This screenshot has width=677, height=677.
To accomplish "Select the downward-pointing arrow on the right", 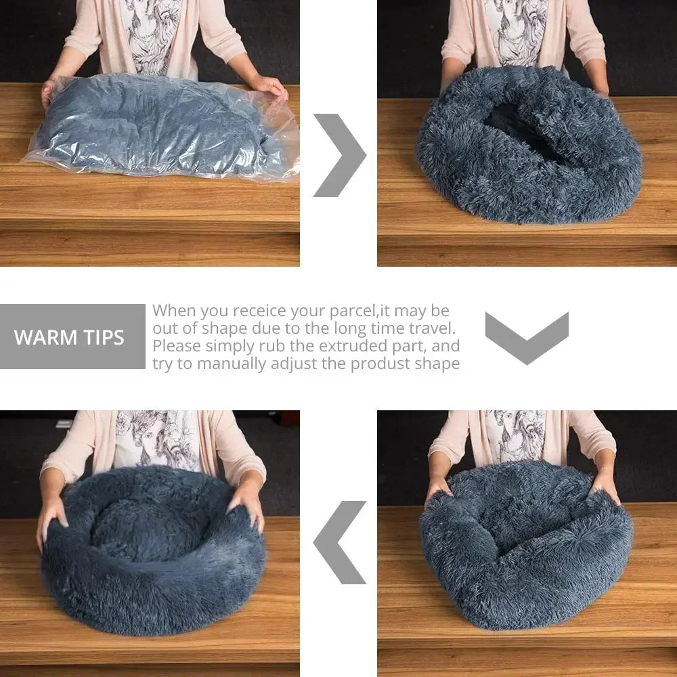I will pyautogui.click(x=527, y=337).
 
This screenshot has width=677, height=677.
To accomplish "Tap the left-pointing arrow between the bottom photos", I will pyautogui.click(x=340, y=542).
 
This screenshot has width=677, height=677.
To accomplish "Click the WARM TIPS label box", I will pyautogui.click(x=72, y=336).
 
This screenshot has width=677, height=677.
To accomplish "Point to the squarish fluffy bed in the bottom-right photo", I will pyautogui.click(x=526, y=545).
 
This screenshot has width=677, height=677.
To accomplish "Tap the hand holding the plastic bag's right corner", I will pyautogui.click(x=269, y=85).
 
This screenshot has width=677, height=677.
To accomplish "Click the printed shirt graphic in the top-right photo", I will pyautogui.click(x=517, y=30).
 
